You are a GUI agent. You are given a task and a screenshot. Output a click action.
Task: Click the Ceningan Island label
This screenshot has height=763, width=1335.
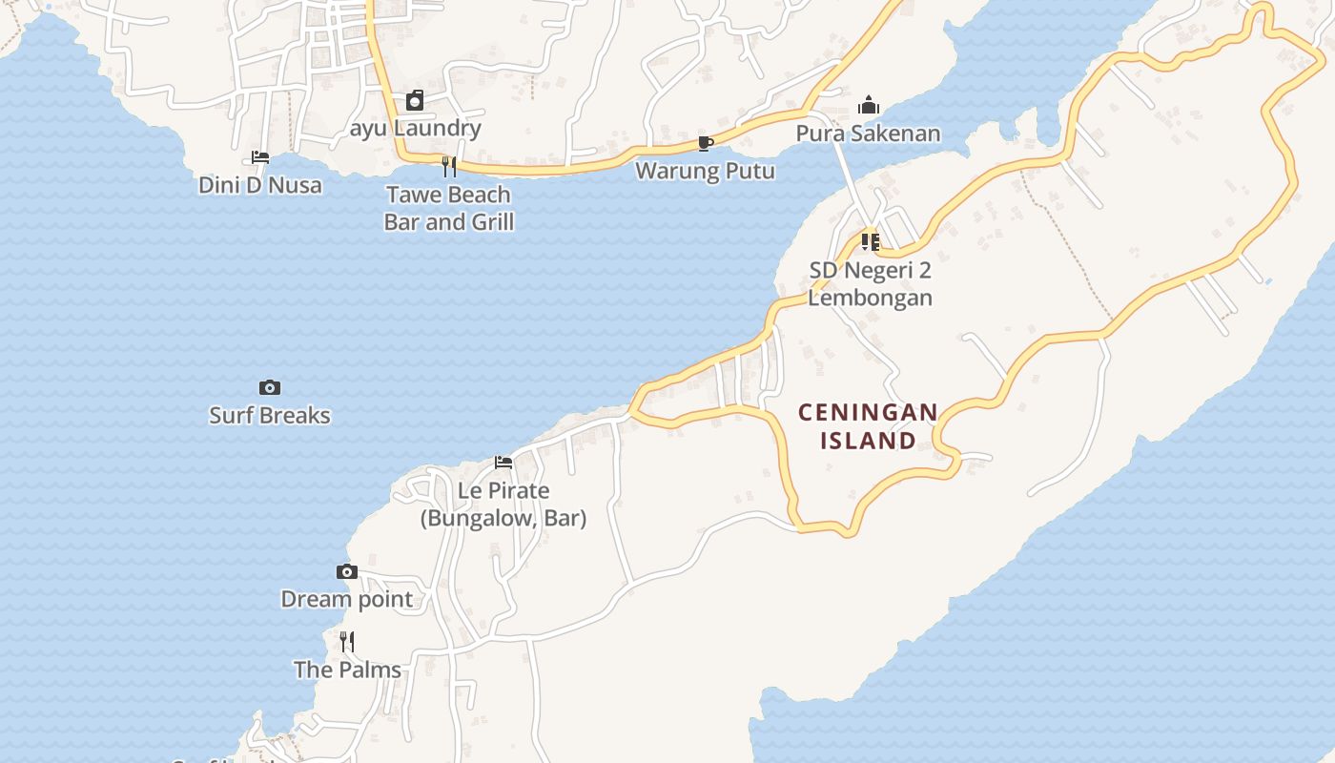click(x=868, y=426)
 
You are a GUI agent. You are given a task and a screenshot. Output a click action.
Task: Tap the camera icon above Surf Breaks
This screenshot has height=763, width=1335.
click(x=270, y=387)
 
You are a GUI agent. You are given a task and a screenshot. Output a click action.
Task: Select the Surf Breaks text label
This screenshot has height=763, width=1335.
click(x=270, y=416)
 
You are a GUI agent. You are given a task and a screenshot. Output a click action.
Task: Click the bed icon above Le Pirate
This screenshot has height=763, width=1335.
click(x=503, y=463)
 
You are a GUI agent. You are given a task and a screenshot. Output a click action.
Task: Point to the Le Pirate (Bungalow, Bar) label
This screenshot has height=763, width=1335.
click(x=503, y=505)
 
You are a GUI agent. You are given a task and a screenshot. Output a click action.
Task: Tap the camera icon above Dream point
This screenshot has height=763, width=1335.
click(x=347, y=571)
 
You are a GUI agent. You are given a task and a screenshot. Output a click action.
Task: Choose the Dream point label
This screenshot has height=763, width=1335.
click(x=347, y=600)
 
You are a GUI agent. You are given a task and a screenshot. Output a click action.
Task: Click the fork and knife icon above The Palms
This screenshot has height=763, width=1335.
click(x=347, y=641)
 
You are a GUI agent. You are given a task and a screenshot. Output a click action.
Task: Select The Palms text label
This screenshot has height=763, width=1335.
click(x=347, y=670)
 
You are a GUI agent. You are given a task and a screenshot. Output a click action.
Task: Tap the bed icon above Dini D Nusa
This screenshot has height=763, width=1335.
click(x=260, y=157)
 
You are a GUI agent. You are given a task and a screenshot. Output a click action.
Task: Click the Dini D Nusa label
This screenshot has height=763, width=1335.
click(x=260, y=185)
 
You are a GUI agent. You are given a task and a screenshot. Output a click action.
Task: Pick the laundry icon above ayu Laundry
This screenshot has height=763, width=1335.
click(x=415, y=100)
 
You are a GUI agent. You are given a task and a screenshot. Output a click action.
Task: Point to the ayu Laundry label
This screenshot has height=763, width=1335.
click(x=416, y=128)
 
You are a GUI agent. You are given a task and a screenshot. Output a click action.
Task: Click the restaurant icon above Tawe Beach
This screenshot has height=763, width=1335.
click(x=449, y=167)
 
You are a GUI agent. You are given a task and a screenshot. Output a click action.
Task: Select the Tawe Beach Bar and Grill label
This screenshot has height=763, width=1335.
click(x=449, y=209)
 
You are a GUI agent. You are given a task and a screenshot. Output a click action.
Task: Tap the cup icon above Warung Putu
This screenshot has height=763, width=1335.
click(x=706, y=143)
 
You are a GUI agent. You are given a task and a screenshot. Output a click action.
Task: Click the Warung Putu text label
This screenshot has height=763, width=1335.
click(x=706, y=172)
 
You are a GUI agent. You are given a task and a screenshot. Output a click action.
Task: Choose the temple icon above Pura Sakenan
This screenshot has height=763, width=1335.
click(x=869, y=105)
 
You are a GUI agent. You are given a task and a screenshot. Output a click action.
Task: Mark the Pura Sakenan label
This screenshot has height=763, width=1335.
click(x=869, y=134)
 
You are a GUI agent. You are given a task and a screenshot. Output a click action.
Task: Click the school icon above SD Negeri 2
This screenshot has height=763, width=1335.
click(x=870, y=242)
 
